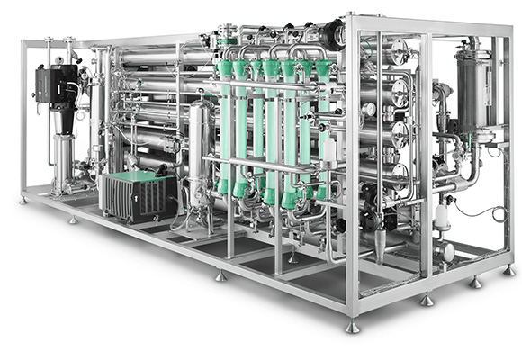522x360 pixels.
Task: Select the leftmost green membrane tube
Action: [x=224, y=126]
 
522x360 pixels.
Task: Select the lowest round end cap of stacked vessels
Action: [x=400, y=172]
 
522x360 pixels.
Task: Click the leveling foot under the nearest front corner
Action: [x=353, y=327]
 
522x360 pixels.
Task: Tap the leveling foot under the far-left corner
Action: [x=22, y=200]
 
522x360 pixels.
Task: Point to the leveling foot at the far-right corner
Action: [x=508, y=268]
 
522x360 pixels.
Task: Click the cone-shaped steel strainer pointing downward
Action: [x=381, y=244]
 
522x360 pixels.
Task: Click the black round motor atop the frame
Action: [x=335, y=34]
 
